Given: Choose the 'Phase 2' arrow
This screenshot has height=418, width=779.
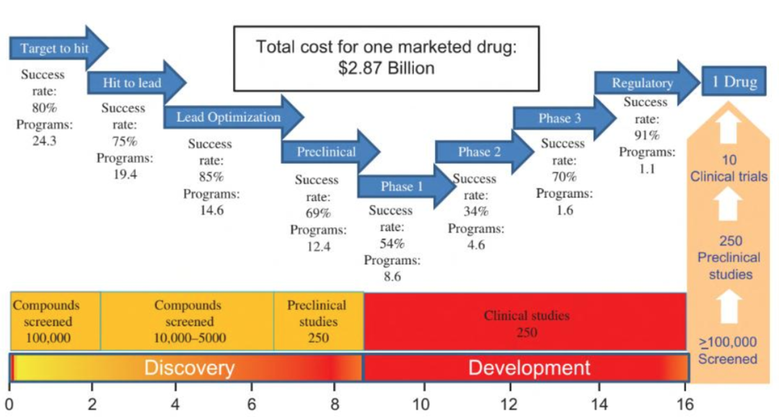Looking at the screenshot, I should tap(480, 152).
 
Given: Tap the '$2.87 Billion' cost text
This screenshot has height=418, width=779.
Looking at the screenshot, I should tap(387, 68).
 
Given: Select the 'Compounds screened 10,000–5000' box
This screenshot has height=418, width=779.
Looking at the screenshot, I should tap(187, 321).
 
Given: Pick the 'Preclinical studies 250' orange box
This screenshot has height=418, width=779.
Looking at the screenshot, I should tap(318, 321).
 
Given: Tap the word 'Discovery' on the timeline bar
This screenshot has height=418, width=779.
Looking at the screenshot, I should tap(189, 368).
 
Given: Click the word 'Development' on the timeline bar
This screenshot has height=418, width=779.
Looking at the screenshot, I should tap(529, 368).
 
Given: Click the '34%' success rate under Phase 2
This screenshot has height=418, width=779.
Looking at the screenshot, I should tap(475, 212).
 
